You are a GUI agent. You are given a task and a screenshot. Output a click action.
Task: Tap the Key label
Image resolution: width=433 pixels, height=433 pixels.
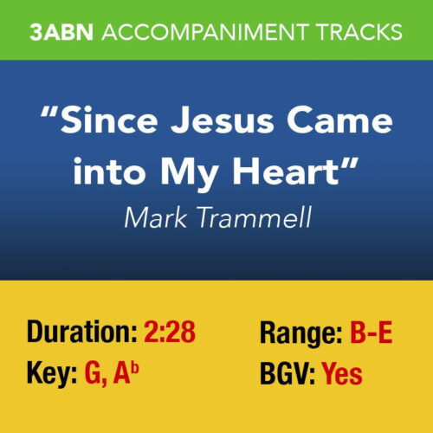click(x=52, y=375)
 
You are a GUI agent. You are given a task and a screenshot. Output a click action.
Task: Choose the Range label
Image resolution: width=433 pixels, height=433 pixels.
click(x=301, y=332)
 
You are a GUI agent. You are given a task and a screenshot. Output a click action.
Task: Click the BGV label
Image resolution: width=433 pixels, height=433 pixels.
click(x=287, y=375)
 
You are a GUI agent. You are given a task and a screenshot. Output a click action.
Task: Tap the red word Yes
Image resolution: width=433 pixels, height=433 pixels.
click(x=342, y=375)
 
